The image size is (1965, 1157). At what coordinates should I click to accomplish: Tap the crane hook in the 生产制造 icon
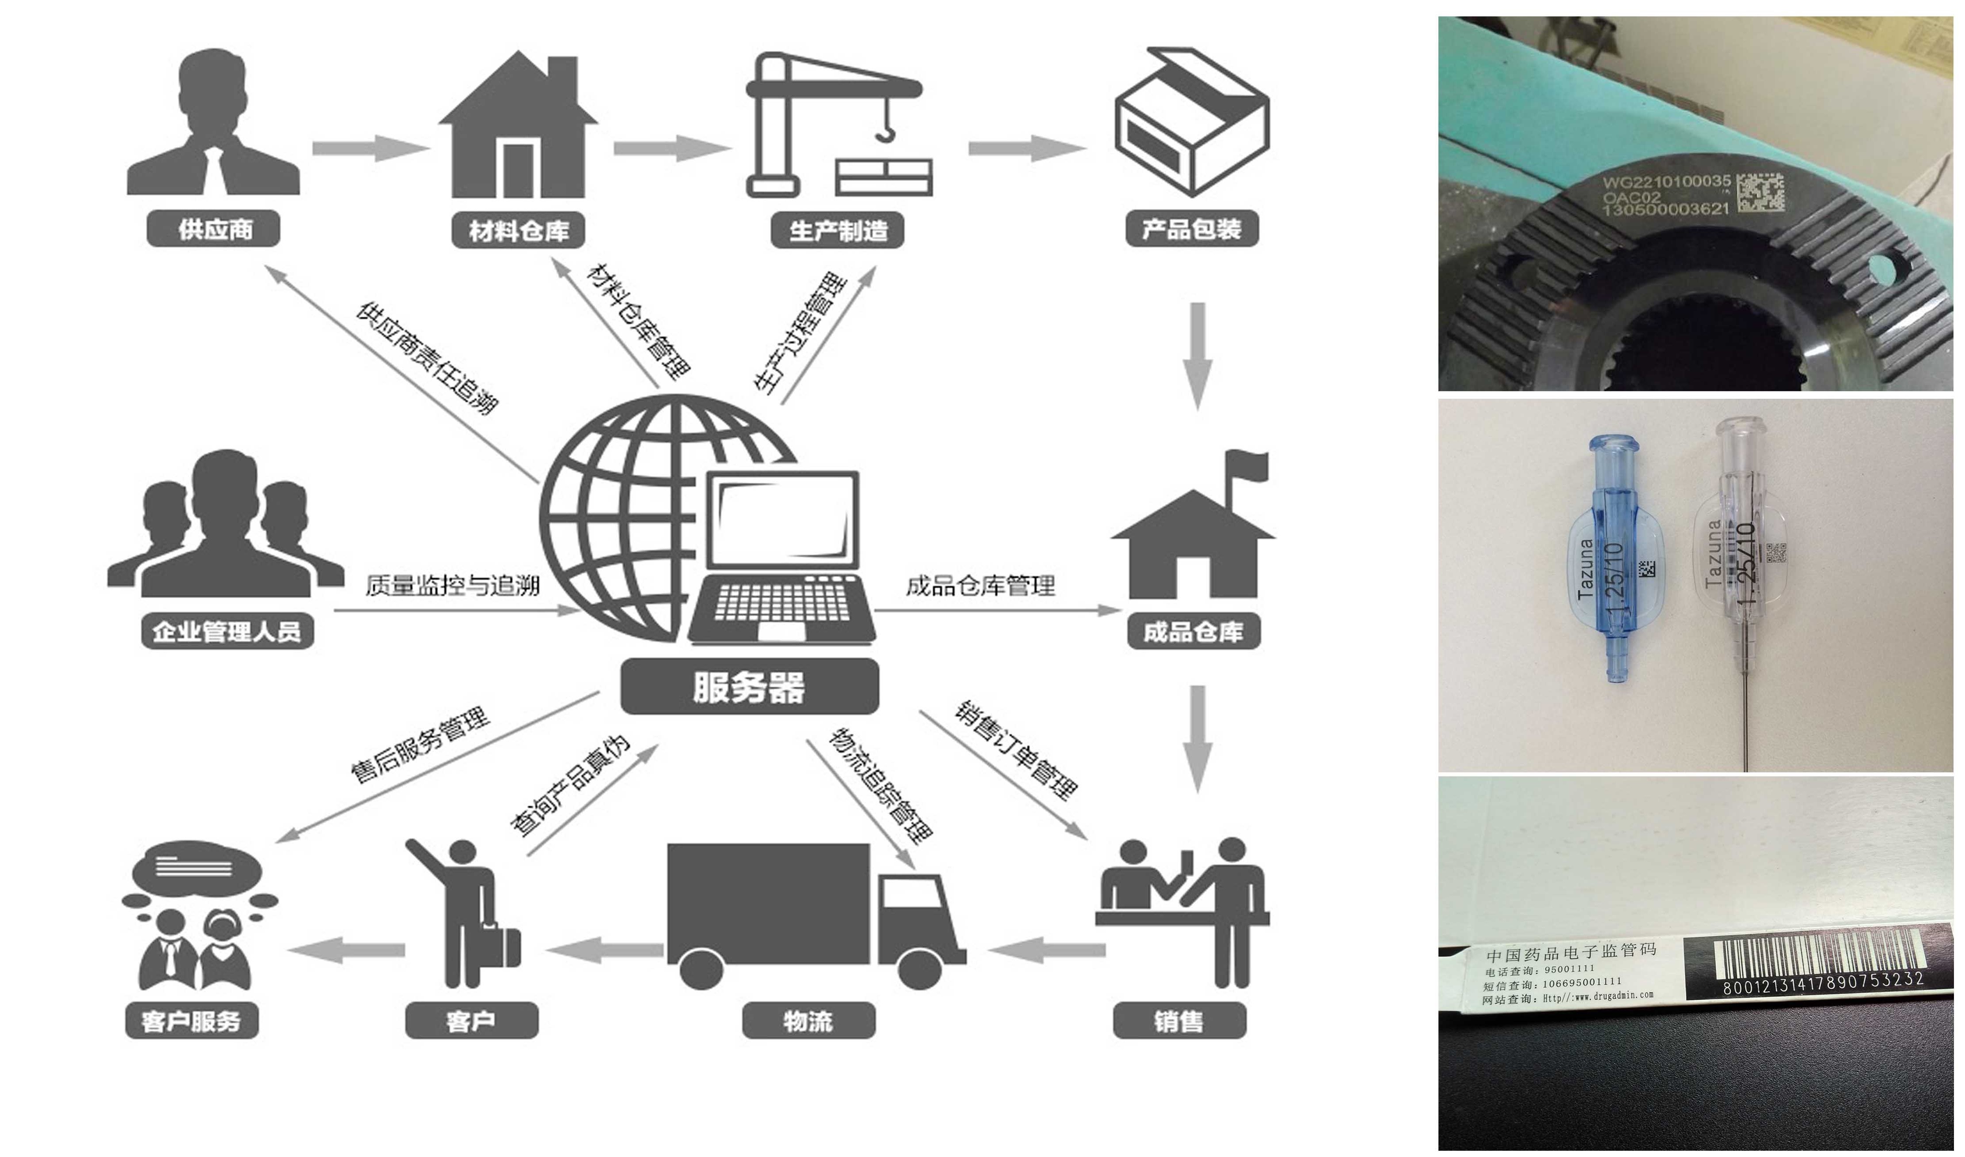point(886,132)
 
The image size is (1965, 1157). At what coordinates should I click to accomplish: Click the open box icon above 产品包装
point(1191,121)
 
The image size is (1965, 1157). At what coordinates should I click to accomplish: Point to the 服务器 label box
point(749,687)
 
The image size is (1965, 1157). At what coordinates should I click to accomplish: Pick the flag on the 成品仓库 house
point(1248,466)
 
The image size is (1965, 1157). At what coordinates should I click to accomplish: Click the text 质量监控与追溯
point(452,586)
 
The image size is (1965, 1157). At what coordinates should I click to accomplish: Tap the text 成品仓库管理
point(980,586)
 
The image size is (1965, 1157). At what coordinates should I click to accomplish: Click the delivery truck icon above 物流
point(811,914)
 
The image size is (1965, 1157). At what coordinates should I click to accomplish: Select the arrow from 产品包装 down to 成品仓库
point(1198,355)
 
